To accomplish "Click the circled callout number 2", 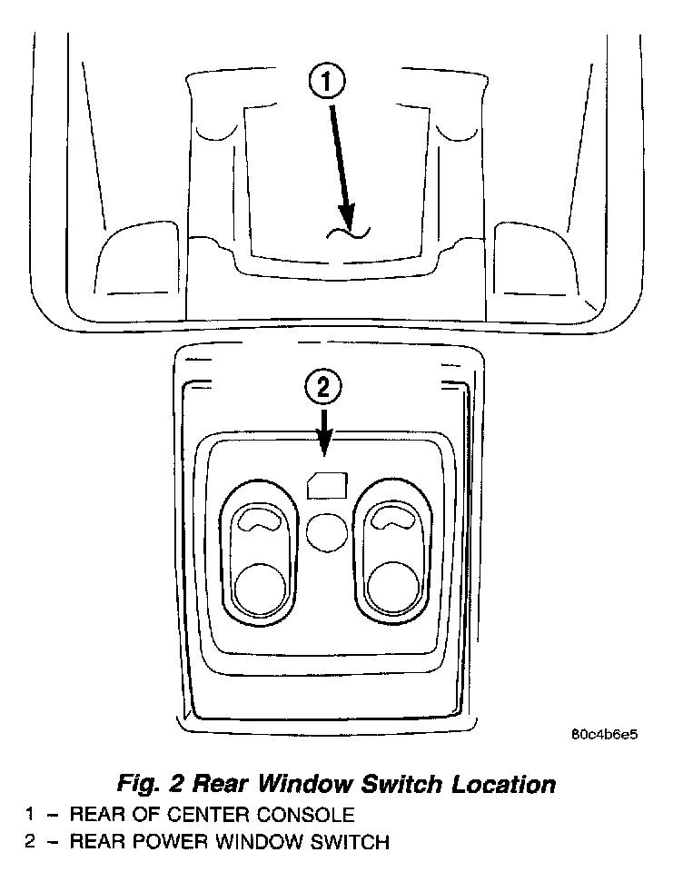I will tap(324, 388).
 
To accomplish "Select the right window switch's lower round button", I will tap(392, 586).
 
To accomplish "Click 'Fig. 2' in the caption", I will tap(151, 783).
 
